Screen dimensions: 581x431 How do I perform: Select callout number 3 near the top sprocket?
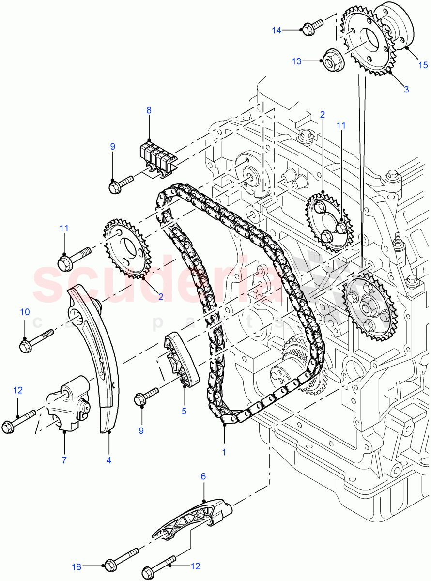tap(406, 89)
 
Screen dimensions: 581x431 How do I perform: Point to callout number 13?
tap(296, 61)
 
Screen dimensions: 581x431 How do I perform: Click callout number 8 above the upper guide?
tap(149, 110)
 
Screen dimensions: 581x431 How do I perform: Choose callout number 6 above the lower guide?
tap(203, 476)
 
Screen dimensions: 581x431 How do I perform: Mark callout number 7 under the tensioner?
tap(64, 460)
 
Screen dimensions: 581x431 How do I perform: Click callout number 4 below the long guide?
tap(108, 460)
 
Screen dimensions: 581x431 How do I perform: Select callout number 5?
tap(184, 412)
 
